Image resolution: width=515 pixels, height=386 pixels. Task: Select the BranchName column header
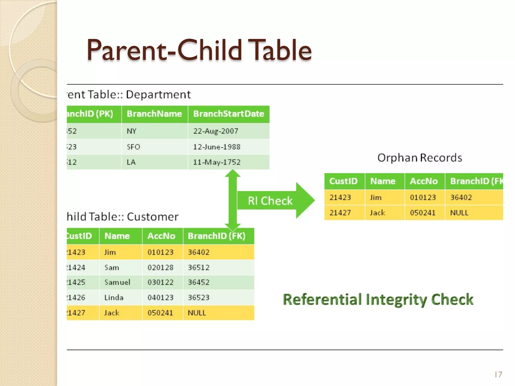(154, 114)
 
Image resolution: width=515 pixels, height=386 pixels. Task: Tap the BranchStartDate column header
(229, 114)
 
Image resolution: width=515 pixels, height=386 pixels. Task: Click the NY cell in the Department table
(132, 131)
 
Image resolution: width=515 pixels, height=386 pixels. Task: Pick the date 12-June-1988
(217, 147)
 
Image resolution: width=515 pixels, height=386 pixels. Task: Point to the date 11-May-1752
(217, 162)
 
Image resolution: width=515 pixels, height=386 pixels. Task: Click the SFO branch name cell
(133, 147)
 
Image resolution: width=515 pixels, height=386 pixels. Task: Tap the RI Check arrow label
(270, 201)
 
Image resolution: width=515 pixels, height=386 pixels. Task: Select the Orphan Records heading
(419, 158)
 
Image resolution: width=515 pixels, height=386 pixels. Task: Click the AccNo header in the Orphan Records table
(424, 181)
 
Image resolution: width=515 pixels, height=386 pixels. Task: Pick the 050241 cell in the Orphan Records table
(422, 213)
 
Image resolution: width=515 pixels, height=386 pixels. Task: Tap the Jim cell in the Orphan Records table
(376, 198)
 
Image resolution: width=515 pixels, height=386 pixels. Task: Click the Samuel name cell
(117, 282)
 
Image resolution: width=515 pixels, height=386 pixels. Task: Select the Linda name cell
(114, 298)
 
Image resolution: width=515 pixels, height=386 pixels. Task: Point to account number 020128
(160, 267)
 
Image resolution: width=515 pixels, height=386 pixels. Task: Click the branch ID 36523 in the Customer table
(199, 298)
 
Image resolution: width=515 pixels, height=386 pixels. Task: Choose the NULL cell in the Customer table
(197, 313)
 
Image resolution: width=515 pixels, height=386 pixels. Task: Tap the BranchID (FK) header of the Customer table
(217, 236)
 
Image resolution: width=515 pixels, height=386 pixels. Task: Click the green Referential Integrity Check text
(378, 300)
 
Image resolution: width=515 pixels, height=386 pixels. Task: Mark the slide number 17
(498, 375)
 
